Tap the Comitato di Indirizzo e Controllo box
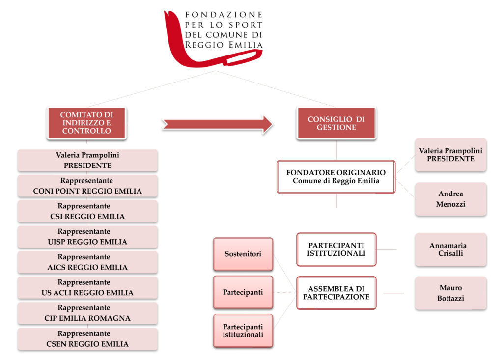click(x=86, y=123)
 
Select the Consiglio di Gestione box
click(x=336, y=123)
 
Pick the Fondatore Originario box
click(x=336, y=177)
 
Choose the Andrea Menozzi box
click(x=450, y=199)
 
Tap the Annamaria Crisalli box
click(x=450, y=249)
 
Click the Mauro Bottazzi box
click(x=450, y=293)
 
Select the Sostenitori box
click(x=243, y=254)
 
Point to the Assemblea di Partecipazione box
click(x=336, y=293)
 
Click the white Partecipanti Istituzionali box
click(x=336, y=249)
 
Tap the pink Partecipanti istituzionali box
click(x=243, y=331)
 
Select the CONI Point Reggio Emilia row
click(x=87, y=186)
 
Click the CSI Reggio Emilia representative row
click(x=87, y=211)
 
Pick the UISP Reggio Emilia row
click(x=87, y=237)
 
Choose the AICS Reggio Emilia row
click(x=87, y=262)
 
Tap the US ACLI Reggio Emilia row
click(x=87, y=288)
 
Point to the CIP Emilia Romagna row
click(x=87, y=313)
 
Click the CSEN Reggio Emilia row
click(x=87, y=339)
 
